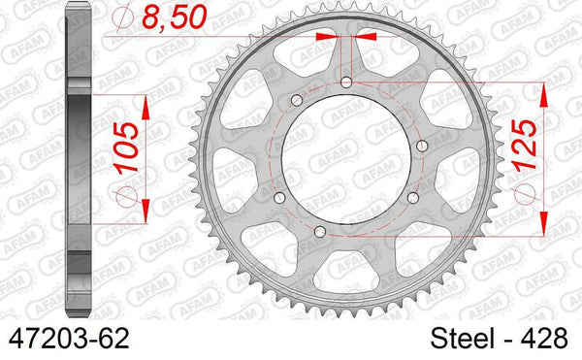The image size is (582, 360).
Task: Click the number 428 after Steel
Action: point(549,339)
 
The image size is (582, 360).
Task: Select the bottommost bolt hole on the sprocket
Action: point(321,229)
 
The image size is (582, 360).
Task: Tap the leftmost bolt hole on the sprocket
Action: point(279,197)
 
